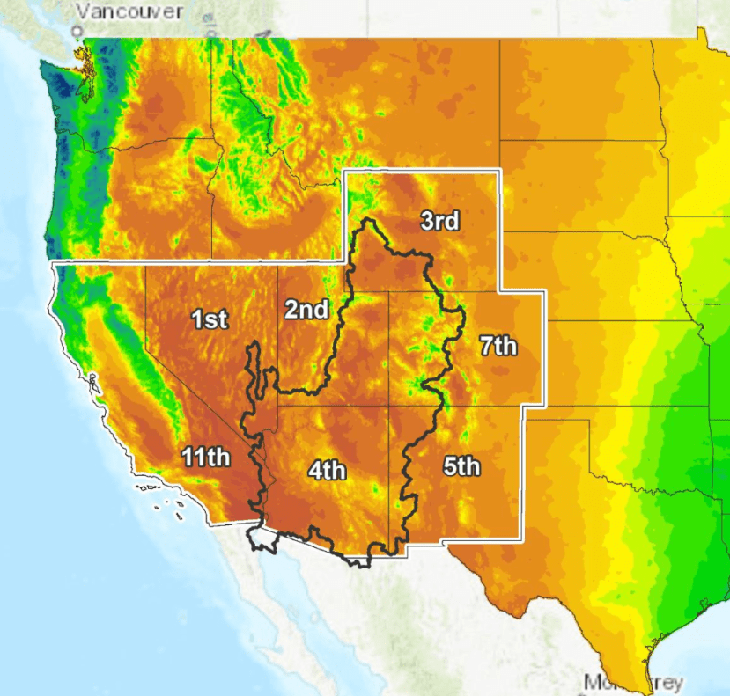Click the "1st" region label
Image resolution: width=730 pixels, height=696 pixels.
coord(210,319)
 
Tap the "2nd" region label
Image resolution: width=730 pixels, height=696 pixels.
coord(306,309)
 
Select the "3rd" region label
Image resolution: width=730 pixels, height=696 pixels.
coord(439,221)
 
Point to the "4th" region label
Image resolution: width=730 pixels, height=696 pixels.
coord(327,471)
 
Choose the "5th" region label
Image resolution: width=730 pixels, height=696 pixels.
coord(461,466)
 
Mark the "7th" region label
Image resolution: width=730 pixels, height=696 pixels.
coord(498,346)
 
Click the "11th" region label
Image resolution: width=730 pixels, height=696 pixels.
coord(206,457)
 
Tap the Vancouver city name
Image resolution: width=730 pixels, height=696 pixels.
coord(129,11)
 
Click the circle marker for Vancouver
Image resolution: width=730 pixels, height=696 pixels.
coord(77,32)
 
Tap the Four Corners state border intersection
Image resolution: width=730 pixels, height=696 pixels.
coord(389,407)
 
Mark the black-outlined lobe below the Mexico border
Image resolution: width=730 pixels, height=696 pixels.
coord(263,536)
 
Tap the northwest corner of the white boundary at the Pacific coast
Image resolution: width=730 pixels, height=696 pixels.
coord(54,263)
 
